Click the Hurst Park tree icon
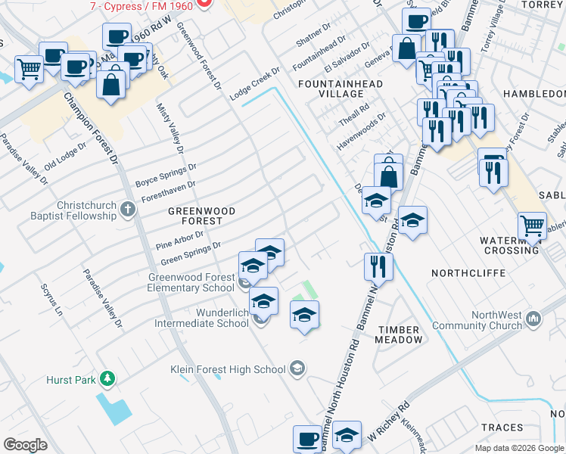[108, 378]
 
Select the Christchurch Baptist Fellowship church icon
[128, 210]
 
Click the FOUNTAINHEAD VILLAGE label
[341, 89]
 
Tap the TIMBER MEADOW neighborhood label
[399, 334]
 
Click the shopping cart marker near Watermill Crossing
[532, 225]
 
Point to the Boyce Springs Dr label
[166, 176]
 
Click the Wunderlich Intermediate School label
[201, 318]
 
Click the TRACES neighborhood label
[502, 428]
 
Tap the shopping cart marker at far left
[29, 70]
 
